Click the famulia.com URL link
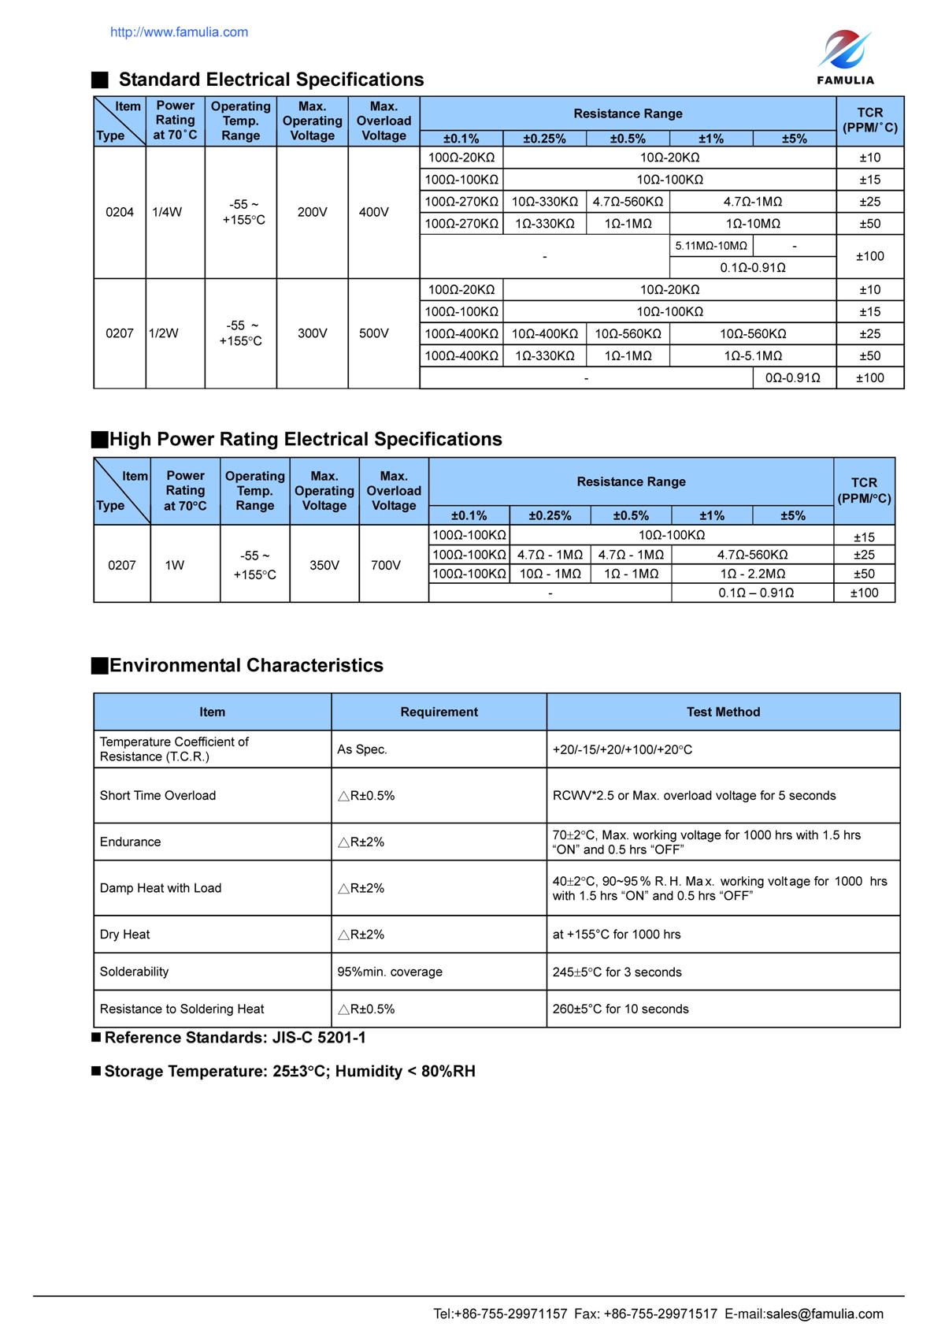pos(179,32)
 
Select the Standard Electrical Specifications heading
pos(271,80)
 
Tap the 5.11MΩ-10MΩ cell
pos(711,246)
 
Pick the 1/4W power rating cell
pos(167,212)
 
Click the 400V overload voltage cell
pos(374,212)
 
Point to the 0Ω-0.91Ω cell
pos(792,378)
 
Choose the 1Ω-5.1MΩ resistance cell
pos(753,356)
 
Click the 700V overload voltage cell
pos(386,565)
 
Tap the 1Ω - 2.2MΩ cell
pos(752,574)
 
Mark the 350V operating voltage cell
pos(324,565)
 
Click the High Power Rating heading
pos(306,440)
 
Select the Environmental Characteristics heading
pos(246,666)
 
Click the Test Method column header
pos(723,712)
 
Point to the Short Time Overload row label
pos(157,796)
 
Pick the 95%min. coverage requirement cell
pos(390,972)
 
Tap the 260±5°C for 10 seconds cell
pos(621,1009)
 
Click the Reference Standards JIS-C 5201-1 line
pos(235,1038)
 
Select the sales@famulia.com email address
pos(825,1314)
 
